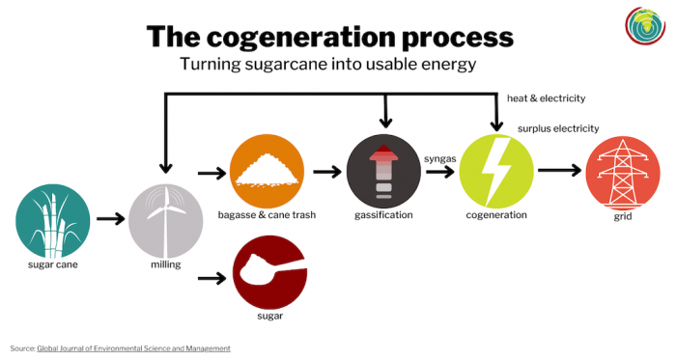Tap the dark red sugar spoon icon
coord(268,273)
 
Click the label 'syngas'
coord(440,157)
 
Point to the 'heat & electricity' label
coord(547,98)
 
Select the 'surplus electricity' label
coord(558,128)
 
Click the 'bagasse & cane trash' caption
coord(268,214)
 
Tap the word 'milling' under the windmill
coord(166,263)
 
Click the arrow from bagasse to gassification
coord(326,172)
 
